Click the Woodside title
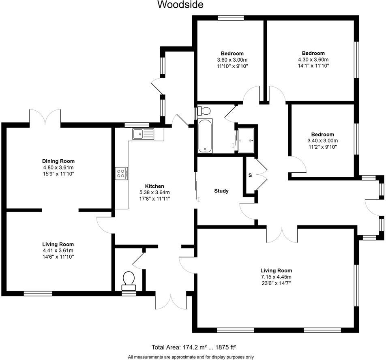[x=180, y=5]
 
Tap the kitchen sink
[x=144, y=133]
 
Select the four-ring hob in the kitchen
[x=121, y=174]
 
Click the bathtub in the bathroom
[x=205, y=136]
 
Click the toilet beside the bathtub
[x=204, y=111]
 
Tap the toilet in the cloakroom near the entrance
[x=129, y=280]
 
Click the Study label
[x=221, y=191]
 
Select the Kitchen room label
[x=144, y=186]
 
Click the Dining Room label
[x=59, y=161]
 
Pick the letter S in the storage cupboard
[x=250, y=176]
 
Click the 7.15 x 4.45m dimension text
[x=276, y=277]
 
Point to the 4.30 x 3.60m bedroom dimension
[x=313, y=59]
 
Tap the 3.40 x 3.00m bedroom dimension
[x=322, y=141]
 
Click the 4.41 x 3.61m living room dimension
[x=58, y=251]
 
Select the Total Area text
[x=194, y=347]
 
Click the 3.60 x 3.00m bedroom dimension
[x=232, y=60]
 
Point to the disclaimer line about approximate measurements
[x=191, y=357]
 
